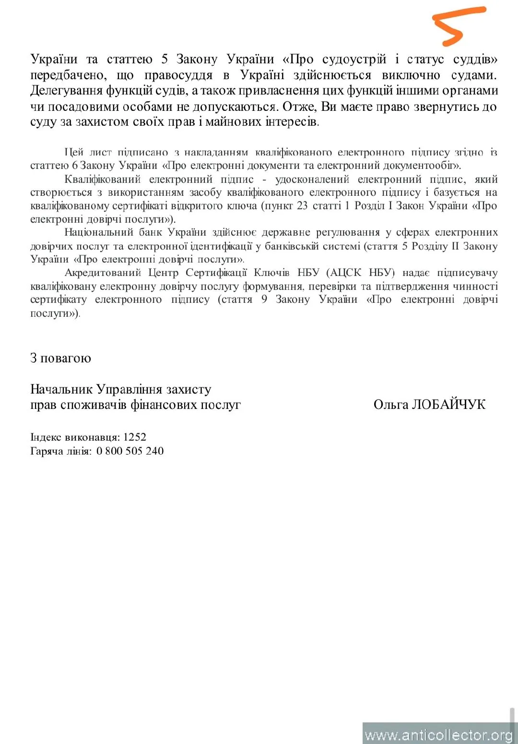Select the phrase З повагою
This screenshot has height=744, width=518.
(60, 358)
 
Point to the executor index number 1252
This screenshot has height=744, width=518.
(135, 437)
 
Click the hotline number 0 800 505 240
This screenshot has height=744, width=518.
(130, 451)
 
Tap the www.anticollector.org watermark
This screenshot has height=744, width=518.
(438, 735)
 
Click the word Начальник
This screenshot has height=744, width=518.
(61, 389)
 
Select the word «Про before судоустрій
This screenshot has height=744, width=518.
(298, 60)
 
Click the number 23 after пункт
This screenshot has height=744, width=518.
(302, 206)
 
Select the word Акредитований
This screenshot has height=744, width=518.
(103, 273)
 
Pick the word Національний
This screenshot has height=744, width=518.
(99, 233)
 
